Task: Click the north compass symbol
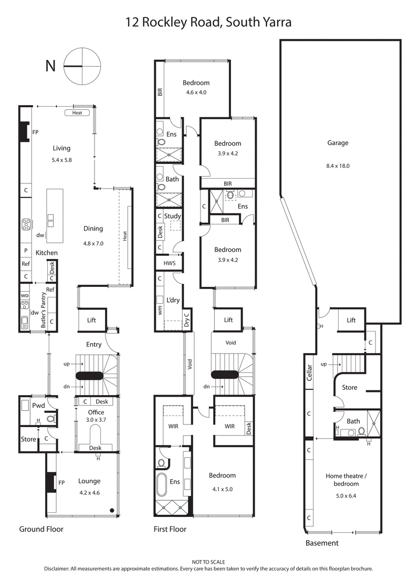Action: click(x=82, y=66)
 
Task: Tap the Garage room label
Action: click(x=338, y=142)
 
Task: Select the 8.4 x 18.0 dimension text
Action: click(x=338, y=165)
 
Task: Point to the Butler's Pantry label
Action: click(x=43, y=313)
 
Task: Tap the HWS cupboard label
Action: click(x=169, y=263)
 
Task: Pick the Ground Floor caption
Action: click(x=41, y=529)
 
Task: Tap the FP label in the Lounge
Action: click(x=61, y=482)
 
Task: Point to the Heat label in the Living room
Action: click(x=77, y=112)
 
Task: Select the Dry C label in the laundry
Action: click(x=186, y=320)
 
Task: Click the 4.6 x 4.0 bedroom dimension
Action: click(x=196, y=93)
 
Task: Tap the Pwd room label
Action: click(x=38, y=405)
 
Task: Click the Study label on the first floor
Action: click(x=172, y=216)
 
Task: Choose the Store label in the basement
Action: click(x=349, y=388)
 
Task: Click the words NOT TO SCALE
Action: click(x=209, y=562)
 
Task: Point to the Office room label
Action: click(x=96, y=412)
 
